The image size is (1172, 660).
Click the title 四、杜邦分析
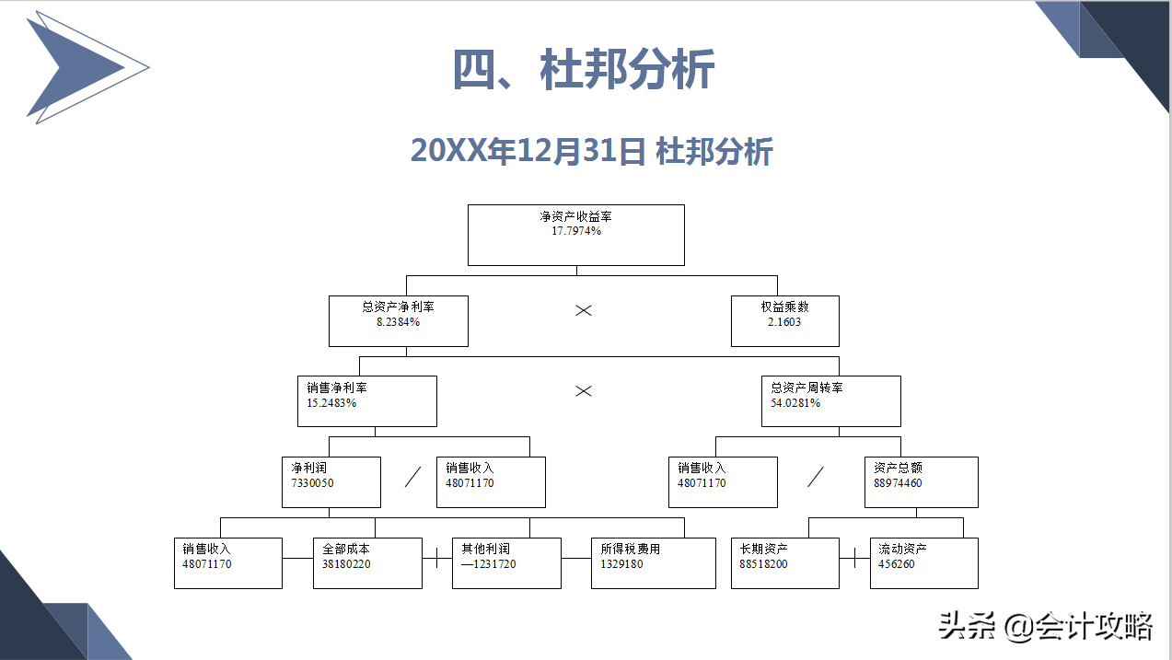click(x=584, y=70)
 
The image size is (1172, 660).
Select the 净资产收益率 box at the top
click(x=575, y=235)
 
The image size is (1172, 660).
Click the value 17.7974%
click(x=575, y=231)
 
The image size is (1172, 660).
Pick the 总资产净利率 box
click(x=398, y=320)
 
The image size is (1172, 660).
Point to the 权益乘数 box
click(x=784, y=320)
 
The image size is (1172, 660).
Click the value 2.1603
click(x=784, y=322)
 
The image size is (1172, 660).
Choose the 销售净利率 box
click(x=366, y=400)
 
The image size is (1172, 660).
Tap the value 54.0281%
click(x=795, y=403)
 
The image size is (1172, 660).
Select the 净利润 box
click(x=331, y=481)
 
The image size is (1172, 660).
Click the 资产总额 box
click(x=921, y=481)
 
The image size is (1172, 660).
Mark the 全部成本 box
click(x=367, y=562)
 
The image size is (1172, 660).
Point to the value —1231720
click(x=489, y=564)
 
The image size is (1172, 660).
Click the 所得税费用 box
click(x=653, y=562)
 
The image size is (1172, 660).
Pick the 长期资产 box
click(x=784, y=562)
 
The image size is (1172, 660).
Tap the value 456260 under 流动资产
click(x=897, y=564)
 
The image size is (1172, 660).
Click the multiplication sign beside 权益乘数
click(x=583, y=310)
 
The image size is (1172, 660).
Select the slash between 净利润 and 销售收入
click(x=413, y=477)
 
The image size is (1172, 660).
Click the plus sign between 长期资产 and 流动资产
click(x=854, y=558)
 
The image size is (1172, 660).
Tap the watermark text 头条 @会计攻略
click(x=1046, y=628)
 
